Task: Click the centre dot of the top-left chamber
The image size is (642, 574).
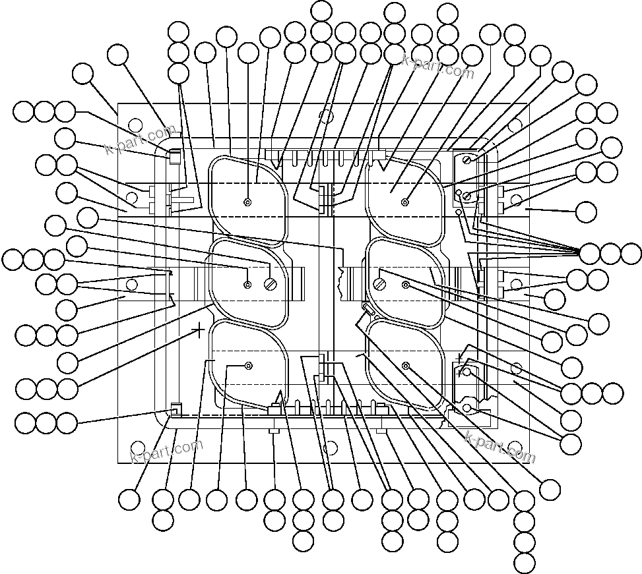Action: (248, 202)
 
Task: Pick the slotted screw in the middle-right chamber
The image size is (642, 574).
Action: (381, 285)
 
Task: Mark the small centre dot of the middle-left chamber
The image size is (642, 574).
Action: (247, 285)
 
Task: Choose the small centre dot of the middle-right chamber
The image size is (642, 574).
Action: (406, 285)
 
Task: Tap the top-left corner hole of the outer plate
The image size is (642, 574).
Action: (135, 124)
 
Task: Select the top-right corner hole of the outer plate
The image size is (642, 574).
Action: (515, 123)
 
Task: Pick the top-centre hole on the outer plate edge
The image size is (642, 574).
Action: (325, 116)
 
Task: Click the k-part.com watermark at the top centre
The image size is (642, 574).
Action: (438, 65)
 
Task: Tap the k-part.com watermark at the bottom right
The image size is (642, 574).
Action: (500, 448)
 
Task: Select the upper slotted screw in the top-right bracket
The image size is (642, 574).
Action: (467, 158)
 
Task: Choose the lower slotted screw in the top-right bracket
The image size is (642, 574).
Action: (467, 195)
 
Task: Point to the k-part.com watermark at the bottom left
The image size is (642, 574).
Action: (166, 452)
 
